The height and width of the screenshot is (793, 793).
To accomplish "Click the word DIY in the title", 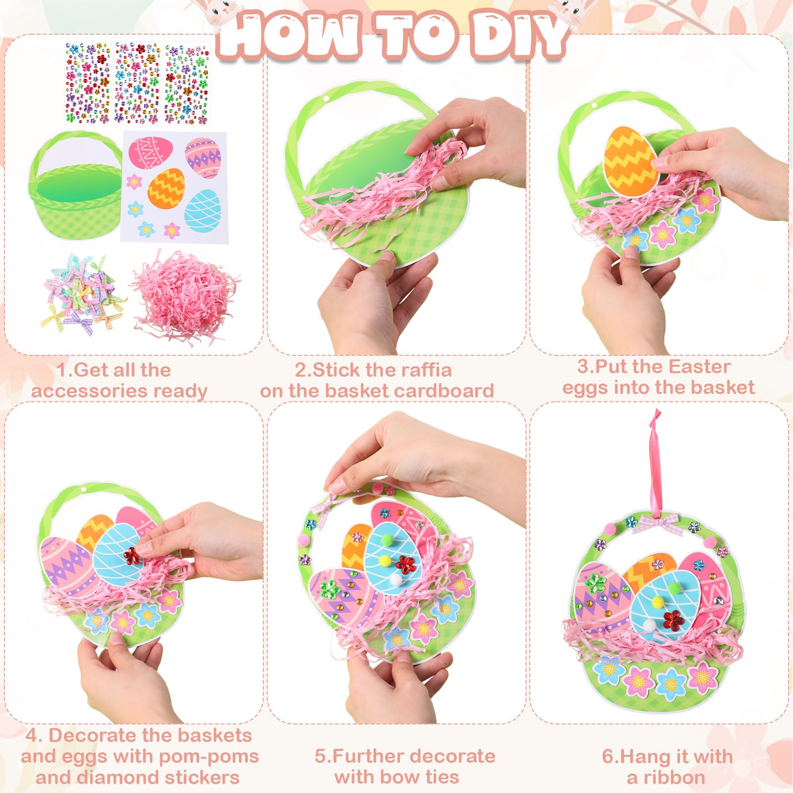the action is coord(518,35).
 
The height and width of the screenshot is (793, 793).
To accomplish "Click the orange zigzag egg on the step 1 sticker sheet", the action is coord(167,188).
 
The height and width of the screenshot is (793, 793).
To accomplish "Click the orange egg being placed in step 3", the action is coord(631,161).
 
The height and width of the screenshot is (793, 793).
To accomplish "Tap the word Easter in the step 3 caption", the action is coord(700,367).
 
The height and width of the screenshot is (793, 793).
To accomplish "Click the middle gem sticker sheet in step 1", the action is coord(137,83).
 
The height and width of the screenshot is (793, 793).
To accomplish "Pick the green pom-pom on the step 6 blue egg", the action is coord(675,588).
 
